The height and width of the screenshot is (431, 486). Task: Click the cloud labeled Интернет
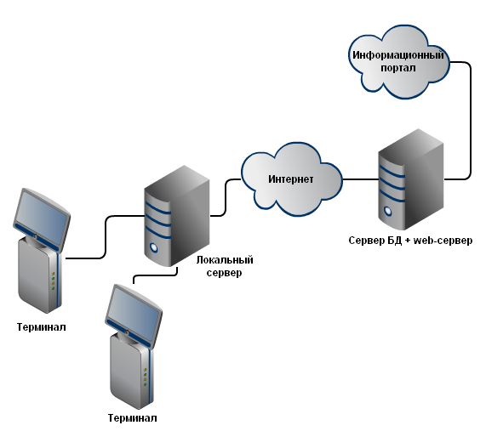tap(292, 179)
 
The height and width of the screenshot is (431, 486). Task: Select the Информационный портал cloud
tap(398, 61)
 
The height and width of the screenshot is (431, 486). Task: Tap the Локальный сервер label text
tap(225, 266)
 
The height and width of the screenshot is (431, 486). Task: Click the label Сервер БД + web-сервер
tap(410, 241)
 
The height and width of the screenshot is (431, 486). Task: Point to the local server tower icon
tap(177, 216)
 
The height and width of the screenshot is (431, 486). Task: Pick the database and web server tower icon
tap(411, 179)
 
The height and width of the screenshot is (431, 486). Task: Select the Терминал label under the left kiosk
tap(41, 327)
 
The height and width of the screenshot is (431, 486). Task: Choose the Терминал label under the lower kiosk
tap(132, 418)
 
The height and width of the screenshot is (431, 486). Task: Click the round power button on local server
tap(153, 247)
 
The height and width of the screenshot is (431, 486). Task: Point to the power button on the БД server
tap(388, 211)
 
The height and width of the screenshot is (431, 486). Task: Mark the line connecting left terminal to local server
tap(106, 235)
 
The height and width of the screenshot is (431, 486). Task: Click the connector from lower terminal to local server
tap(155, 275)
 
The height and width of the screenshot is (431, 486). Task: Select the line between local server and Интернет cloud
tap(226, 197)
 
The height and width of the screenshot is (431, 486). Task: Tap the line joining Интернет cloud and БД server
tap(361, 179)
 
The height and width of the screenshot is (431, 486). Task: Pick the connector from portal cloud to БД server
tap(471, 121)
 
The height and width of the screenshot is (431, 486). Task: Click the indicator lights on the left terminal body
tap(54, 281)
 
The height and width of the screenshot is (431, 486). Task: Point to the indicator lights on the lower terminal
tap(145, 377)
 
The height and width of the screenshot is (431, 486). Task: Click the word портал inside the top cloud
tap(398, 68)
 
